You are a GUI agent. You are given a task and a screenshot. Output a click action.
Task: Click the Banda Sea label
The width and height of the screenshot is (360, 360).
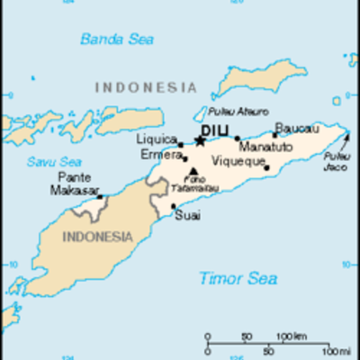[x=117, y=39]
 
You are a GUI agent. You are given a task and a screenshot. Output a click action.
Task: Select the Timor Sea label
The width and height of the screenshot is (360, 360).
[x=238, y=278]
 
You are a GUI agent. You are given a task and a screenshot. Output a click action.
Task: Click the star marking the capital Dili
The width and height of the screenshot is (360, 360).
[x=199, y=140]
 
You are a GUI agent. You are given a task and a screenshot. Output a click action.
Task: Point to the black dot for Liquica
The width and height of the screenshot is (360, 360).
[x=180, y=144]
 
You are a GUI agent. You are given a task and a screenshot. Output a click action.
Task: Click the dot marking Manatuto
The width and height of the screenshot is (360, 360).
[x=238, y=139]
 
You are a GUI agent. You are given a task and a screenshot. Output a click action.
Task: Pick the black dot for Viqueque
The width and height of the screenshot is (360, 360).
[x=266, y=167]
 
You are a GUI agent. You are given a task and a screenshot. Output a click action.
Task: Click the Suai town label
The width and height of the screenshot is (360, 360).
[x=187, y=217]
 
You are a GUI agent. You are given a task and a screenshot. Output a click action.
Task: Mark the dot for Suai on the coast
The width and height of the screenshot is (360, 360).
[x=174, y=206]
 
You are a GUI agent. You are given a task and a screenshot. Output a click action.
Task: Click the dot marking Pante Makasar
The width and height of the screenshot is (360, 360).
[x=100, y=195]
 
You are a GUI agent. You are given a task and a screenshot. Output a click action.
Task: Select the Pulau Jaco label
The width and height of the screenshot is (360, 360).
[x=337, y=163]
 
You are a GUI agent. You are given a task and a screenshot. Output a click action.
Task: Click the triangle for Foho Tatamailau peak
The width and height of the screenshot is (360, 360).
[x=193, y=170]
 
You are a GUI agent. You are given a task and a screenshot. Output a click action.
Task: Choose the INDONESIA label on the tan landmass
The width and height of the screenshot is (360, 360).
[x=96, y=238]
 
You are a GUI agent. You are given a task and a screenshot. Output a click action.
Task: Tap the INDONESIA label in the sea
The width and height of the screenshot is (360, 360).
[x=145, y=88]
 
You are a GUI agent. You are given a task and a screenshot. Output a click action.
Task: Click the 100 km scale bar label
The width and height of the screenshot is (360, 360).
[x=289, y=337]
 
